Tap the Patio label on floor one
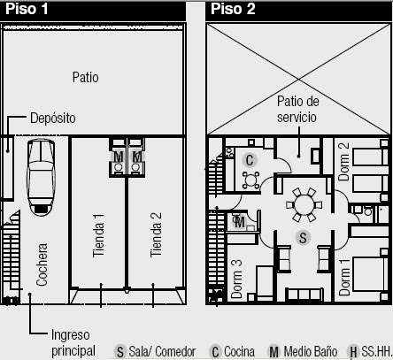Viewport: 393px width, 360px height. tap(86, 77)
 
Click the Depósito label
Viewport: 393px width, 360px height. tap(52, 117)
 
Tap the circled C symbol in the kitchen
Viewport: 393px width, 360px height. tap(250, 160)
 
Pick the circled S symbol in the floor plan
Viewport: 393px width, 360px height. tap(303, 237)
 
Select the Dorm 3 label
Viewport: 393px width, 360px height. tap(237, 278)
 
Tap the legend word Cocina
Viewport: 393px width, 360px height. tap(239, 351)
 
